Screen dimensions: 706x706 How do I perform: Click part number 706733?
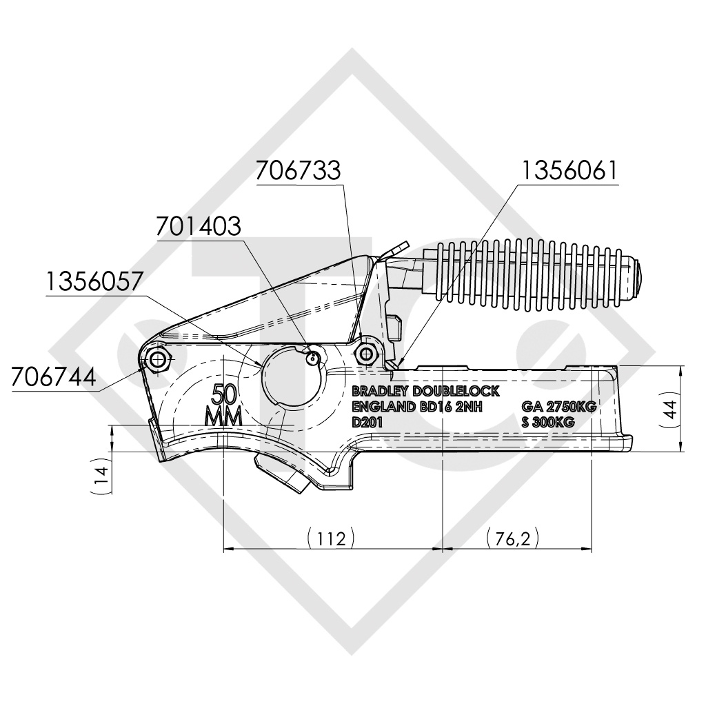[298, 171]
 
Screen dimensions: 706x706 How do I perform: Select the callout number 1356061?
[569, 171]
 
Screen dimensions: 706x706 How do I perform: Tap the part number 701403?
[199, 227]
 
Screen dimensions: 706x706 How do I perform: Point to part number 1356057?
[94, 281]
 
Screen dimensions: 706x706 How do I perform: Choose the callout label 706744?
[54, 376]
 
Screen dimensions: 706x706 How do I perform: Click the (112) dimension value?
[331, 538]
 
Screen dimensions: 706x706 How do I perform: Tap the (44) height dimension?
[671, 410]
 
